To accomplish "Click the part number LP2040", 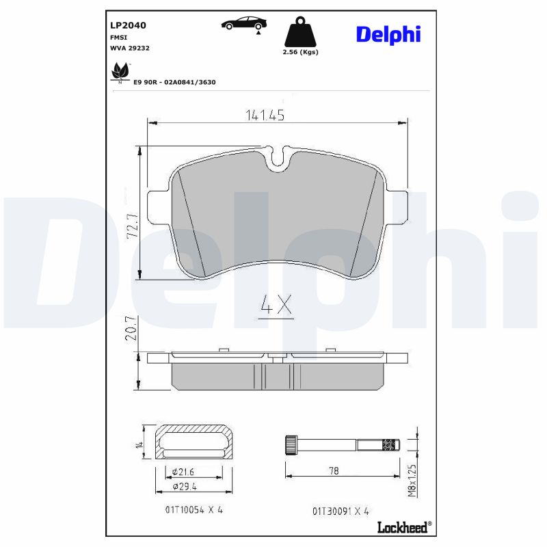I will (128, 25).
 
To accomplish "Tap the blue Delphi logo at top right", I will (388, 34).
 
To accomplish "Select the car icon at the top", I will (241, 24).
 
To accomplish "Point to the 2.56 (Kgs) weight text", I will (301, 52).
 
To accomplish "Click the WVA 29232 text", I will (130, 49).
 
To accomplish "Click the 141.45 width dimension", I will (264, 116).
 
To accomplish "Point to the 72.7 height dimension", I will (133, 225).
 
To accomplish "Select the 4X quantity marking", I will (276, 306).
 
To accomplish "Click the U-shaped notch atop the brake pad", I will (278, 158).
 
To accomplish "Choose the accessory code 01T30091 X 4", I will (341, 511).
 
